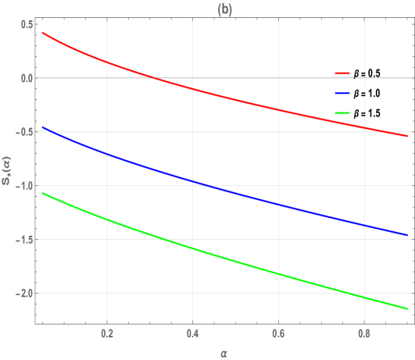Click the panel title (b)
[224, 9]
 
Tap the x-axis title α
[224, 354]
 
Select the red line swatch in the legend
[344, 73]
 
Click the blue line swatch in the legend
[344, 94]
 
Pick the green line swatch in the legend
[344, 114]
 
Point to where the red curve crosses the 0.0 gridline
[156, 78]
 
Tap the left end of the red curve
[42, 33]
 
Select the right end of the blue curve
[407, 234]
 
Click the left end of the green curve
[42, 192]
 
